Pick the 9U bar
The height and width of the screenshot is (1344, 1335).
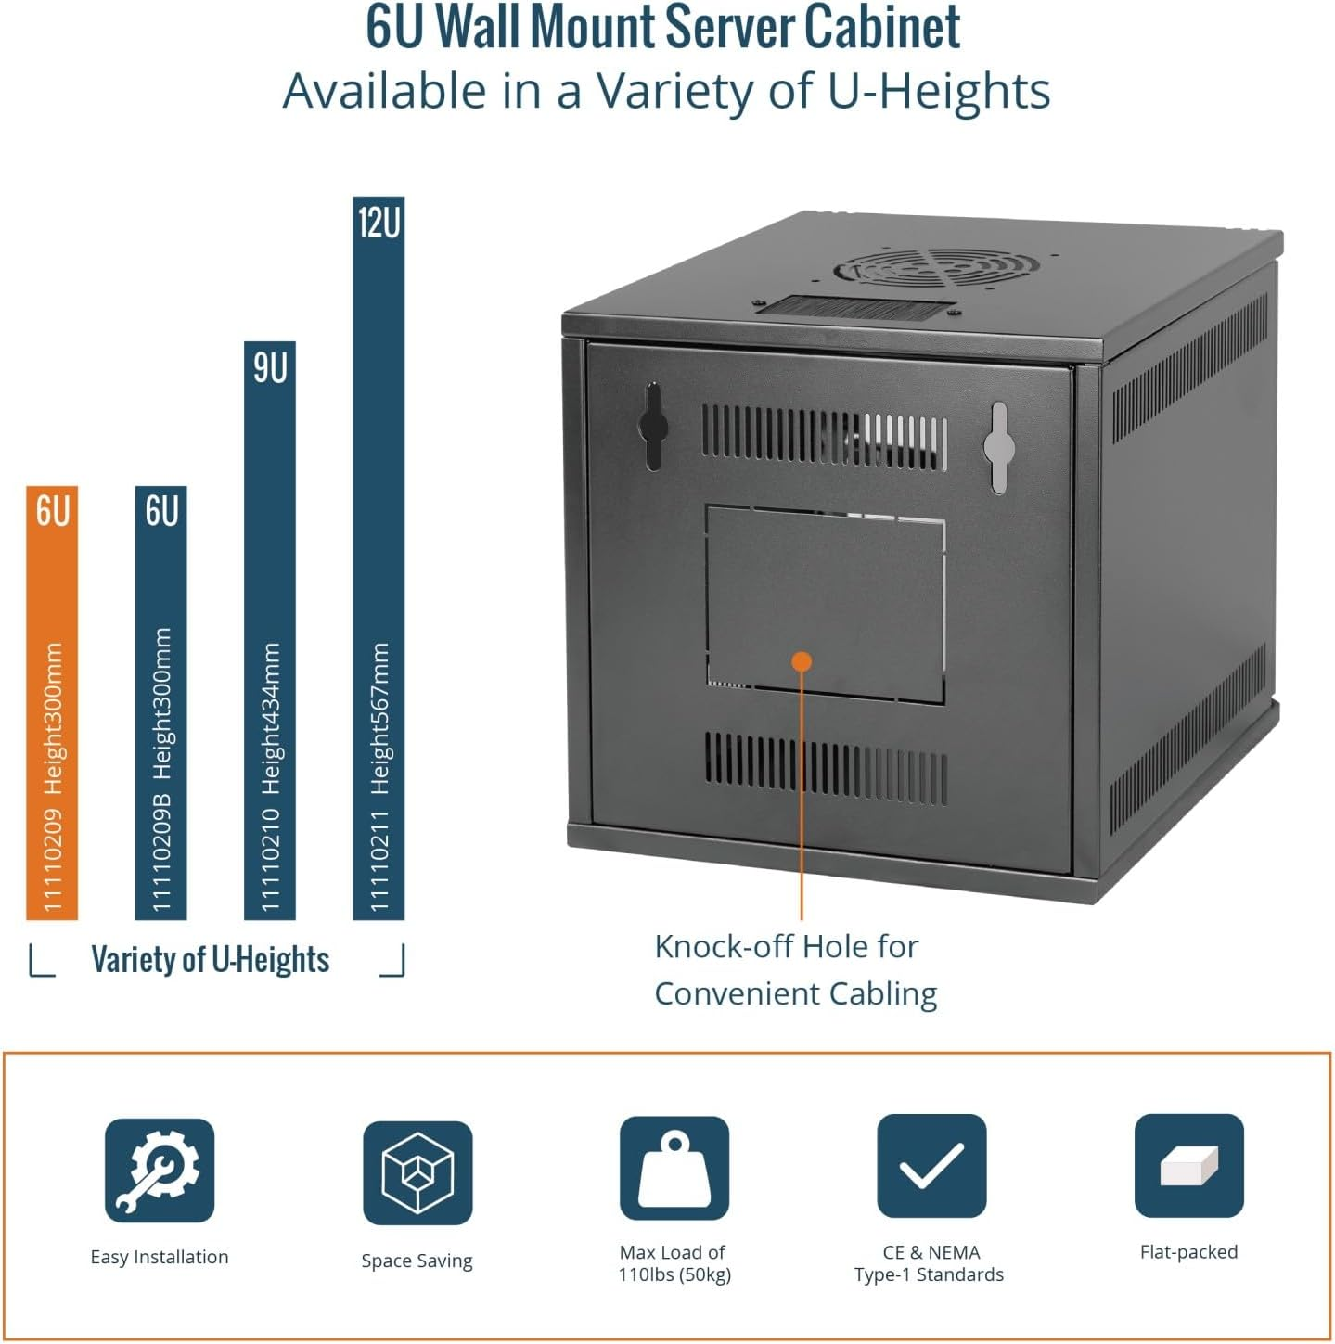point(269,631)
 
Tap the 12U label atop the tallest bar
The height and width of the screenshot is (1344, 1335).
point(379,224)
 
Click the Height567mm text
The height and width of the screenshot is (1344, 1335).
point(379,718)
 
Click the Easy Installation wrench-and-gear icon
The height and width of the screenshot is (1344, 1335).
point(160,1170)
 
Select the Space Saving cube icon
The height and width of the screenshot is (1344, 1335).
point(417,1172)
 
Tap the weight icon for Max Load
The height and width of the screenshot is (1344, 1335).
point(674,1168)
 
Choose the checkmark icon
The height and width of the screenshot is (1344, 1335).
point(931,1166)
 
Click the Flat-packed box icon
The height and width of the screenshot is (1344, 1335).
point(1188,1165)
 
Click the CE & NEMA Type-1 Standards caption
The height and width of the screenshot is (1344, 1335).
point(930,1263)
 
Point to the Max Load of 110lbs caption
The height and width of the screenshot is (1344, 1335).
point(674,1263)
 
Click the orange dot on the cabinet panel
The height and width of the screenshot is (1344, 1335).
point(802,661)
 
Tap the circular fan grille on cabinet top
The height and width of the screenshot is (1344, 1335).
point(932,268)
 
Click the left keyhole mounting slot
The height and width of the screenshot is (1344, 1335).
point(653,426)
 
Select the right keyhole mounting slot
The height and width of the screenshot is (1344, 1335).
point(998,447)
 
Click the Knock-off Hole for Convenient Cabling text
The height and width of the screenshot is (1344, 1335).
point(795,969)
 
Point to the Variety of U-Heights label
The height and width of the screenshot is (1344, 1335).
point(211,960)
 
